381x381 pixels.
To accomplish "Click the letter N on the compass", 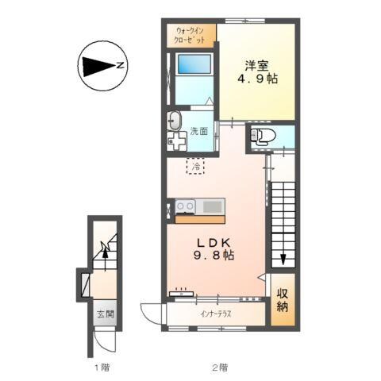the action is (121, 65).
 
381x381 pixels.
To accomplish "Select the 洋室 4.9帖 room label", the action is (257, 72).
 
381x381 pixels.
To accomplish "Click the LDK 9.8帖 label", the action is (214, 248).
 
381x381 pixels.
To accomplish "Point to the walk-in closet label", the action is (190, 36).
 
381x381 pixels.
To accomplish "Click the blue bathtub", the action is (195, 64).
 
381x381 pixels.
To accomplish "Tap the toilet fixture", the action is (263, 137).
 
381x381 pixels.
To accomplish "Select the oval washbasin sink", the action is (174, 121).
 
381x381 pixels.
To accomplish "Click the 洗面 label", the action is (199, 131).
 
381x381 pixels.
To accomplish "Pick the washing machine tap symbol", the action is (176, 141).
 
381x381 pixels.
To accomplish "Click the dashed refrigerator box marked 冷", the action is (195, 166).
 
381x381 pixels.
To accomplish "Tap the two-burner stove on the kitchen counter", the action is (185, 206).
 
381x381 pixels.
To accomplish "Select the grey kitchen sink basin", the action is (212, 206).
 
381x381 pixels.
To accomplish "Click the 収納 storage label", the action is (283, 300).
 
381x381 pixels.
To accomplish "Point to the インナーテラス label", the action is (216, 314).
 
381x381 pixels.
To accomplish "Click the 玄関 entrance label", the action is (106, 314).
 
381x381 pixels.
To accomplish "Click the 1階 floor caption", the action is (102, 368).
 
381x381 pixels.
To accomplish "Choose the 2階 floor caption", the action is (220, 368).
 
